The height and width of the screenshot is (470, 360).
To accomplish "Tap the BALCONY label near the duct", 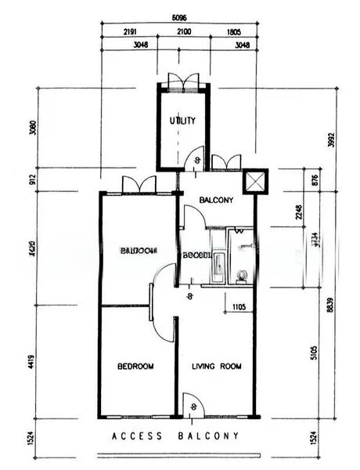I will [x=216, y=201].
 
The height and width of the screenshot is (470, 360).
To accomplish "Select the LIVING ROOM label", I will [x=217, y=366].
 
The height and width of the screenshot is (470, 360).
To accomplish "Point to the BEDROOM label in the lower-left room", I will [x=135, y=366].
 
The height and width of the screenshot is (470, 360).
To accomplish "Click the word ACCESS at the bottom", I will [x=135, y=436].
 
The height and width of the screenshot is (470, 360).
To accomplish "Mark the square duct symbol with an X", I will [x=255, y=182].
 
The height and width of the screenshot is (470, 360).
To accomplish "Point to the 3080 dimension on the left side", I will [x=31, y=128].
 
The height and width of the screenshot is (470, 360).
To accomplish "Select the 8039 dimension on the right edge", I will [x=331, y=309].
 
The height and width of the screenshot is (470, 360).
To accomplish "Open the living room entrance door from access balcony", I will [x=192, y=406].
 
